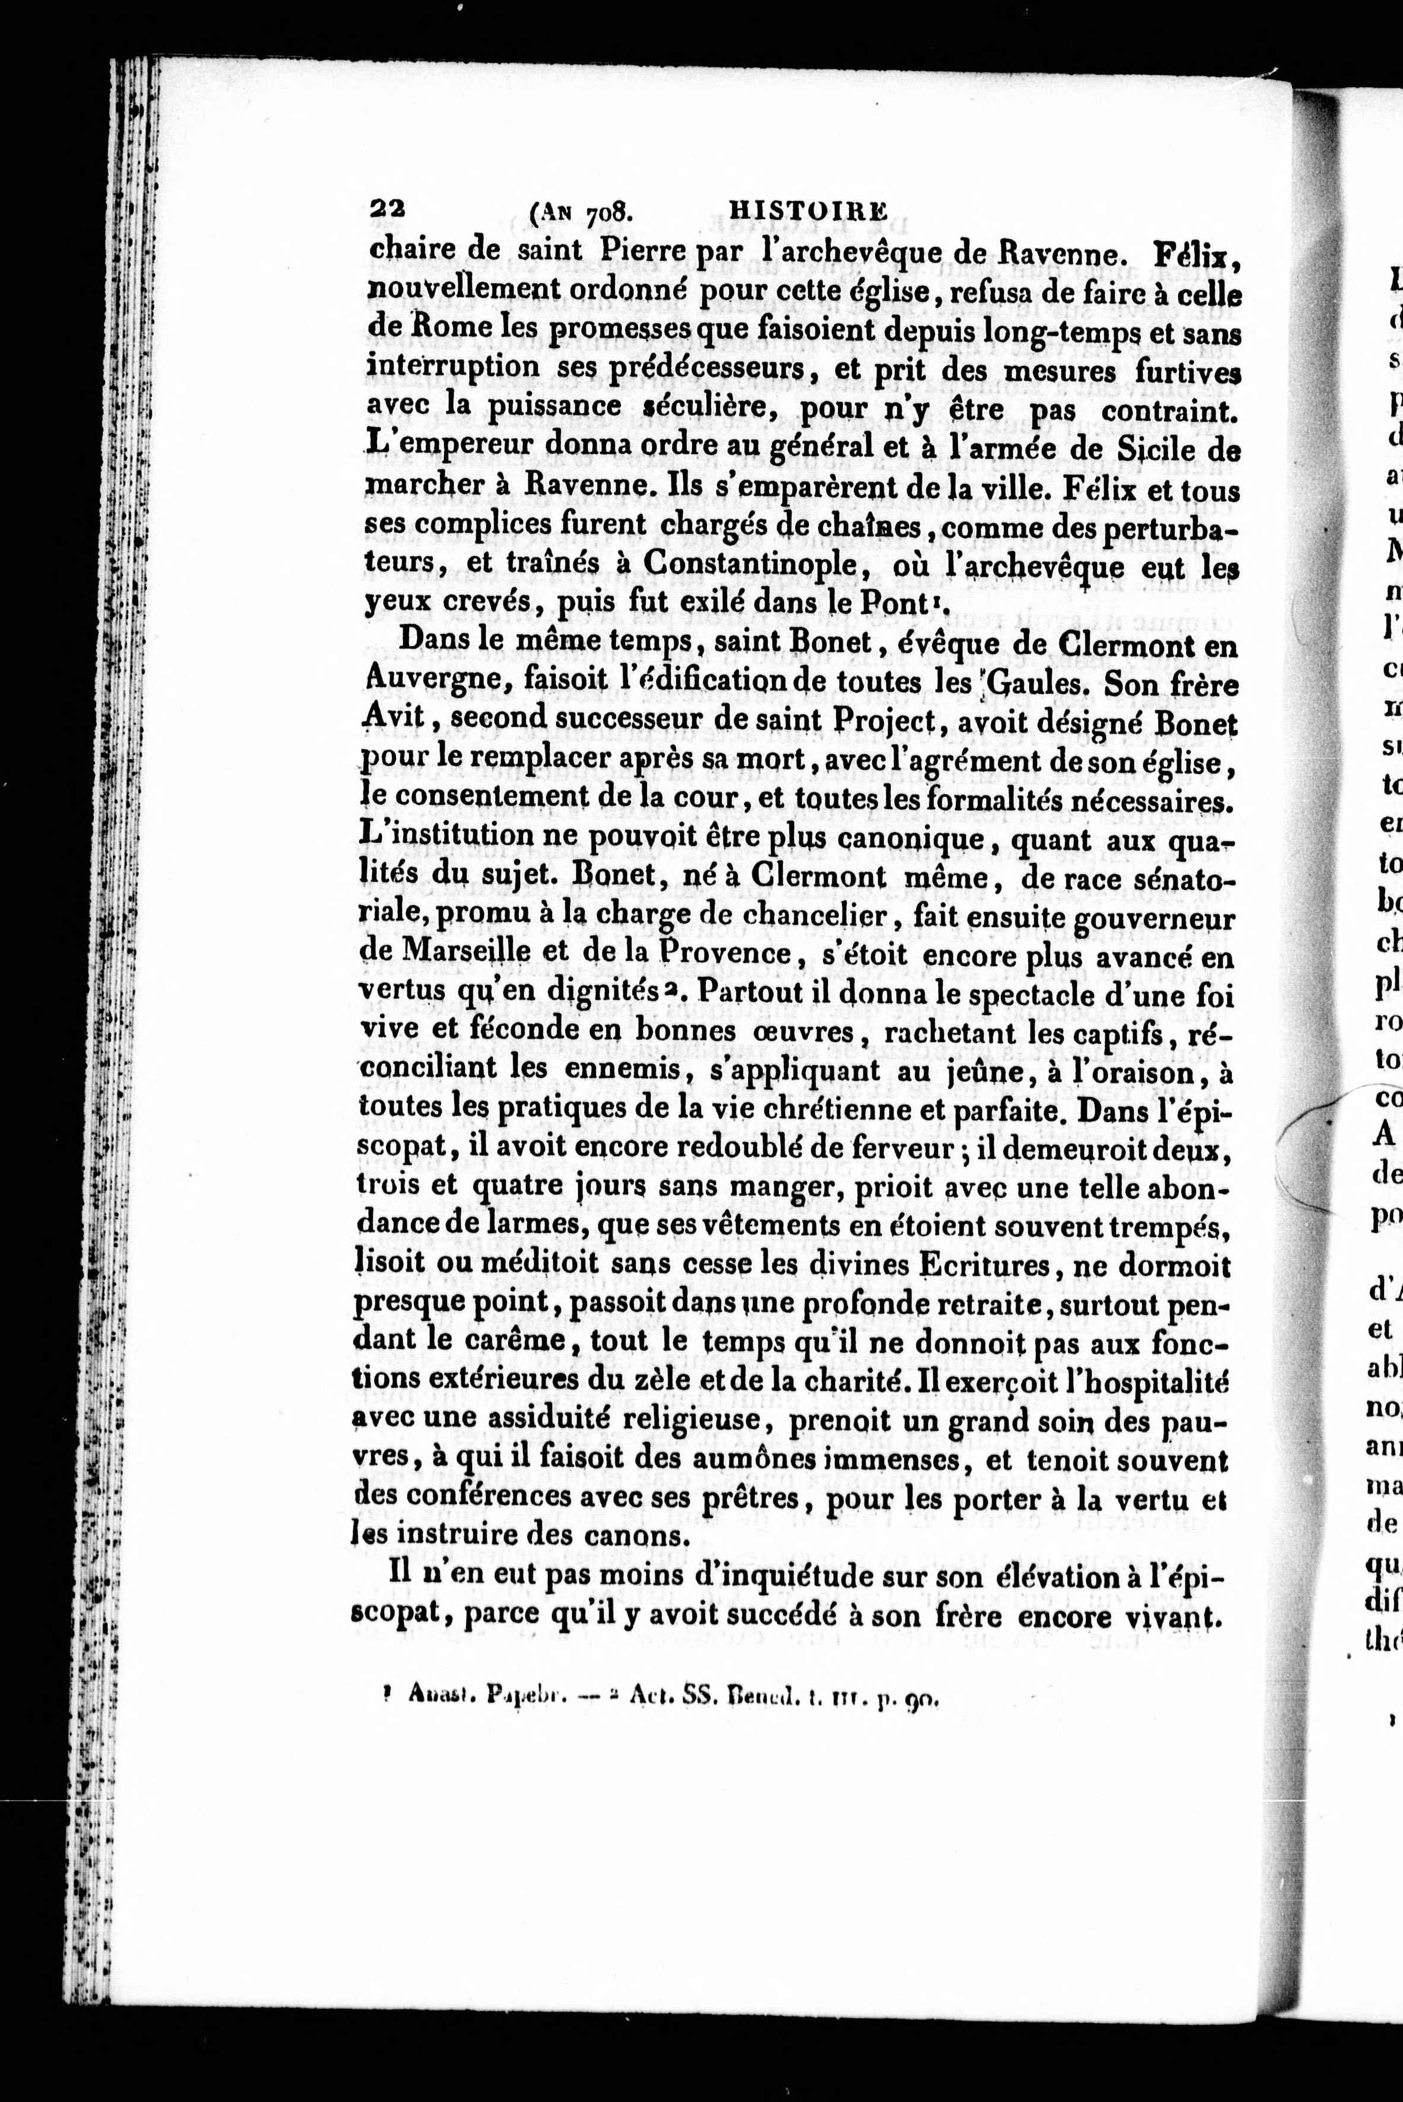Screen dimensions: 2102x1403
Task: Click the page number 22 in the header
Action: (387, 211)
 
